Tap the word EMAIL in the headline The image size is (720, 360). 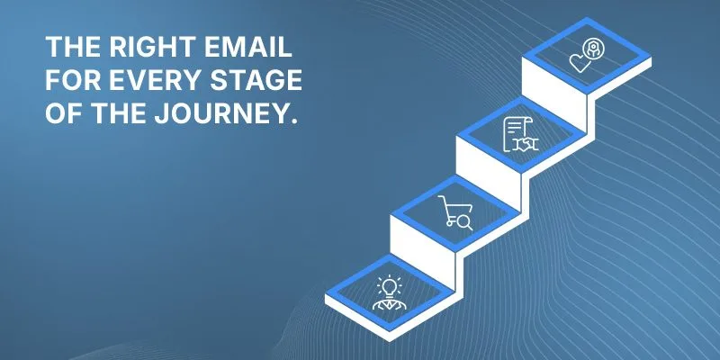(248, 47)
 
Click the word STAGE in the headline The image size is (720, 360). (256, 80)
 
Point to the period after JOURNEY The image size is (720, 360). (289, 121)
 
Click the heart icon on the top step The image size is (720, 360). (580, 62)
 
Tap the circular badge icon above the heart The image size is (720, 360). (591, 49)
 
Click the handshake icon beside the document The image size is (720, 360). (526, 144)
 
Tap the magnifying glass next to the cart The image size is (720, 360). (465, 222)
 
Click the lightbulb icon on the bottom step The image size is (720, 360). (390, 286)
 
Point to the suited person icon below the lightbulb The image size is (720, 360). (390, 303)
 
